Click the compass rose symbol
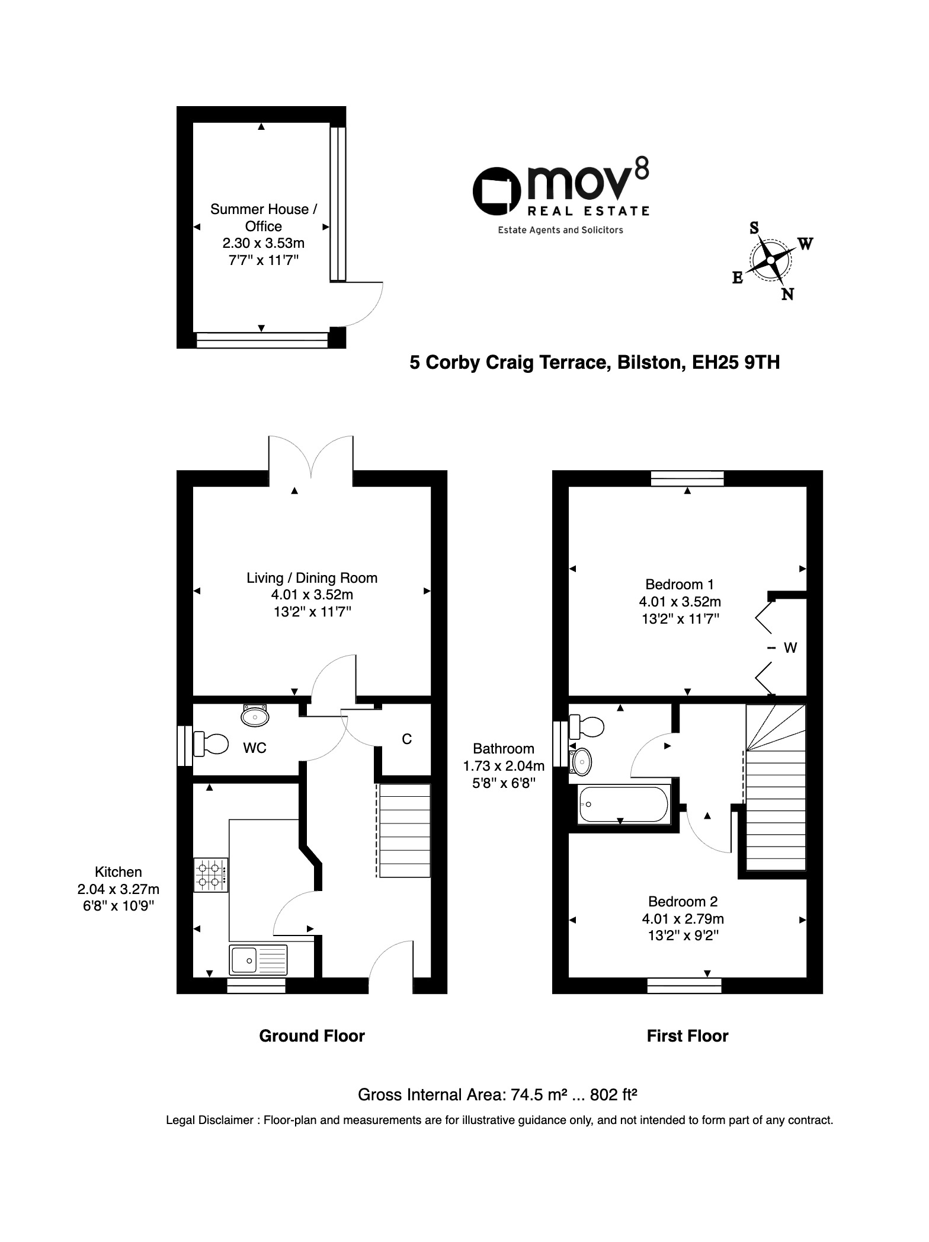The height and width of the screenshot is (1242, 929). [x=770, y=260]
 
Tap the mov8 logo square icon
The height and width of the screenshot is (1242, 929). [x=496, y=191]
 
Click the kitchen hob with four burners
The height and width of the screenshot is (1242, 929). [x=211, y=875]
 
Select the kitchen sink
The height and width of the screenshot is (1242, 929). [x=258, y=959]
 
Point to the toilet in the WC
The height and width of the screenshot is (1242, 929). [x=210, y=743]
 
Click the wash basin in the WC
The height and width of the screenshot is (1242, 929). [x=255, y=716]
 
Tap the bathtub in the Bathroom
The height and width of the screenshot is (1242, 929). [x=623, y=804]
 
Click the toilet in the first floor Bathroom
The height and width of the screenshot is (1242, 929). [x=586, y=726]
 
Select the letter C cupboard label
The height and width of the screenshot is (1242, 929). [x=406, y=739]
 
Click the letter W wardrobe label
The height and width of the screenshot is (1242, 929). [x=790, y=648]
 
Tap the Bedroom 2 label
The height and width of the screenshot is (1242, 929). [x=683, y=902]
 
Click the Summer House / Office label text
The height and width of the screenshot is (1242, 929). [x=264, y=218]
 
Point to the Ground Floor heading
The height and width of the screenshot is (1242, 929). [x=312, y=1036]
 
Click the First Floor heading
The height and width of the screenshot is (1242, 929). [x=687, y=1036]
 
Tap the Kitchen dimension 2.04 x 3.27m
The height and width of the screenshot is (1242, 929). [x=118, y=889]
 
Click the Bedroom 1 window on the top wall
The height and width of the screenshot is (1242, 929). [x=687, y=478]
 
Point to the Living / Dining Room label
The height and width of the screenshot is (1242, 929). [x=312, y=578]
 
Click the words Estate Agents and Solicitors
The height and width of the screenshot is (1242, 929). [x=560, y=230]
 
